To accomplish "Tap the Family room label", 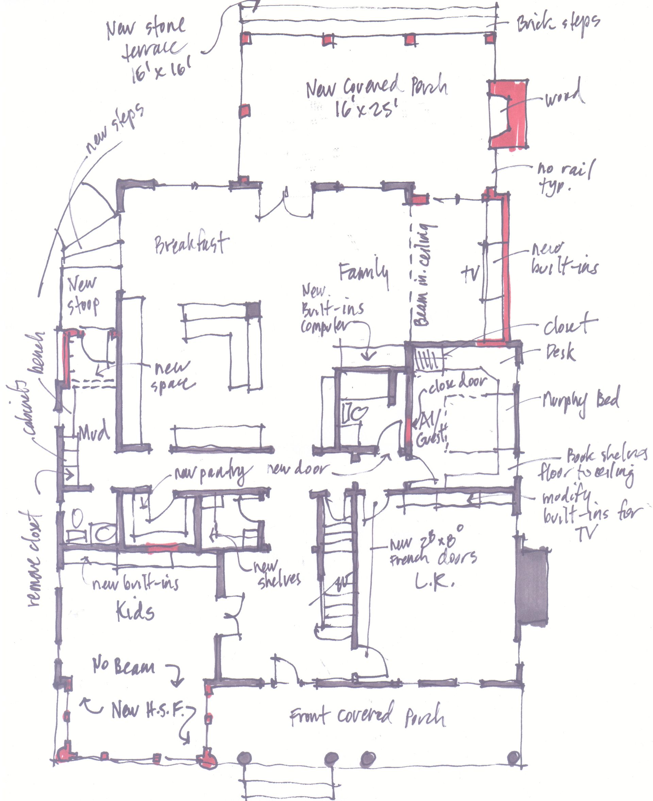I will pos(363,272).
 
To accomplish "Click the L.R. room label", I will pos(434,582).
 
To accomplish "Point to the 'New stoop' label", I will pos(83,295).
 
